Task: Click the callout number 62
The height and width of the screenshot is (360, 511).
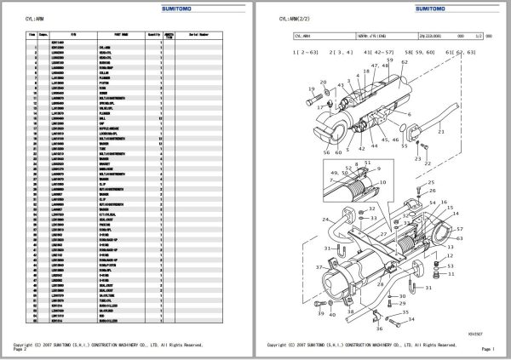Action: click(x=466, y=53)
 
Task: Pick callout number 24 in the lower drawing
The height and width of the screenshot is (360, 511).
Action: click(x=324, y=219)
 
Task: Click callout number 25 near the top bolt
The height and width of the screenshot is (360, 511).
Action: click(x=433, y=183)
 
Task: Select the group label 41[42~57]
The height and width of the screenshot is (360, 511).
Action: click(x=377, y=53)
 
